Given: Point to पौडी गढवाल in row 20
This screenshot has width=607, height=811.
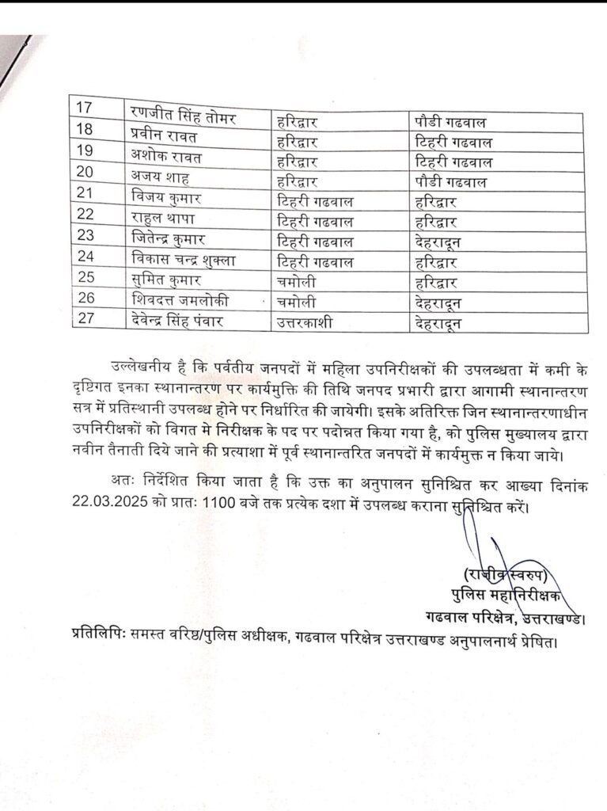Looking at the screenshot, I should coord(451,182).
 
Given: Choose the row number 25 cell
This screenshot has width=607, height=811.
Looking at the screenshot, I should coord(85,279).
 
